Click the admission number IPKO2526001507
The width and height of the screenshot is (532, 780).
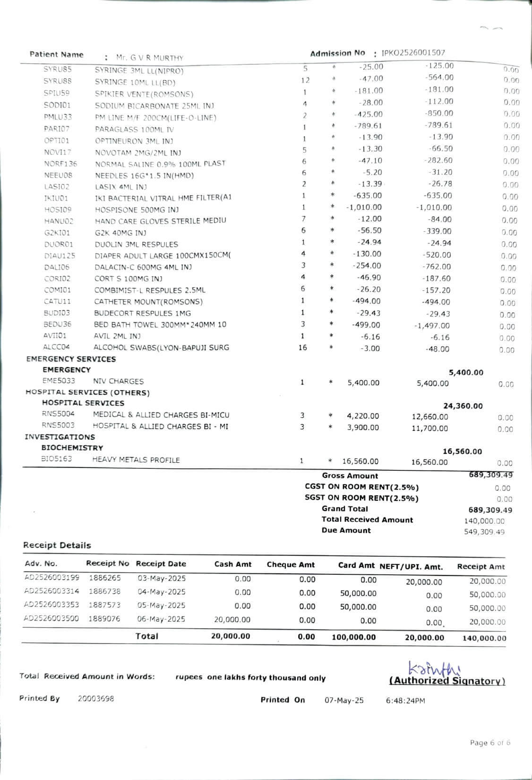[413, 53]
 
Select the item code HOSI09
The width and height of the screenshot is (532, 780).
[58, 209]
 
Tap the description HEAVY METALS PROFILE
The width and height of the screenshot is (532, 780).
[136, 459]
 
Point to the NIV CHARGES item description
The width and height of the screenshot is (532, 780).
[118, 381]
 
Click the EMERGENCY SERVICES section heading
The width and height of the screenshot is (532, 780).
[71, 359]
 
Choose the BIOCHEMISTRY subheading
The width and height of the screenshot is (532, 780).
[72, 448]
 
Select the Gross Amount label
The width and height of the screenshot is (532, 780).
[350, 476]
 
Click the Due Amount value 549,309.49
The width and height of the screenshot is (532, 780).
[484, 532]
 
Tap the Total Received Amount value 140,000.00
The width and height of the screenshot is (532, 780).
[484, 521]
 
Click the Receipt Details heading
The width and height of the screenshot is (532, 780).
[57, 545]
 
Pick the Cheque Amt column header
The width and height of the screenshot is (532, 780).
[291, 564]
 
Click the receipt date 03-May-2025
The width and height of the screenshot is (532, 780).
[162, 578]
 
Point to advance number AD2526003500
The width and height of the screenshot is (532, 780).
[51, 619]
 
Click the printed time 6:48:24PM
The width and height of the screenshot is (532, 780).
[405, 701]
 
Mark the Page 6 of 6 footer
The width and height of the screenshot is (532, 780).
[490, 743]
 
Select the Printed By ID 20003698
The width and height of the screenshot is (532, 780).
[96, 698]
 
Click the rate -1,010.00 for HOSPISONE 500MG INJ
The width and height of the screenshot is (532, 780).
[364, 207]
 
